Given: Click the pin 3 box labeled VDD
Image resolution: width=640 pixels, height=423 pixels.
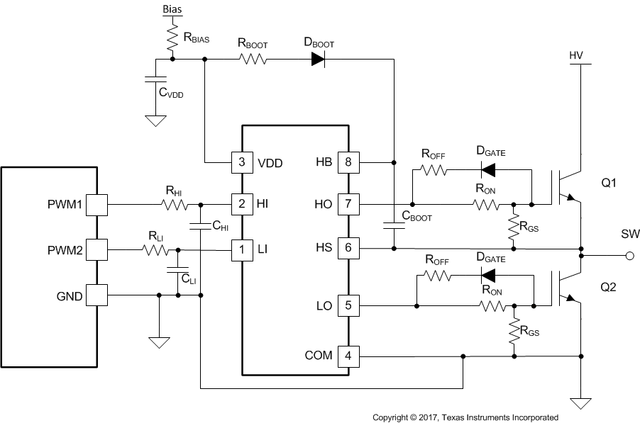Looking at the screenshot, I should coord(242,162).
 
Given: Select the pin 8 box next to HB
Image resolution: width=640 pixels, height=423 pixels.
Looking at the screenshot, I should coord(347,162).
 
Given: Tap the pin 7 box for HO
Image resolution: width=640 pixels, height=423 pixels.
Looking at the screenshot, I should coord(347,205).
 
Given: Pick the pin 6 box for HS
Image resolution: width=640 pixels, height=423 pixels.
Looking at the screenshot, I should coord(347,248).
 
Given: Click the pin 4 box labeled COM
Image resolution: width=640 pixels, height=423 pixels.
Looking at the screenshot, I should coord(347,355).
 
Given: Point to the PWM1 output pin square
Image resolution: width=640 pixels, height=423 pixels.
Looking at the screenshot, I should coord(96,205).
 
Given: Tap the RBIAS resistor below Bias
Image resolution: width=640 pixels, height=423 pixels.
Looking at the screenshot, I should coord(171,38).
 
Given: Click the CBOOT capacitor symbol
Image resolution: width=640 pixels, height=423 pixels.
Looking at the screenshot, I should coord(393,226).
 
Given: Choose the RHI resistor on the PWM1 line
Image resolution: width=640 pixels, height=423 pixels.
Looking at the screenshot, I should coord(174,205).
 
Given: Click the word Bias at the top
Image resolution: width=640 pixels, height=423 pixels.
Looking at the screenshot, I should coord(171,9).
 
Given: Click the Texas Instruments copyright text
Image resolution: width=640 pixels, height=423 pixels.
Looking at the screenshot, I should coord(465,417).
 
